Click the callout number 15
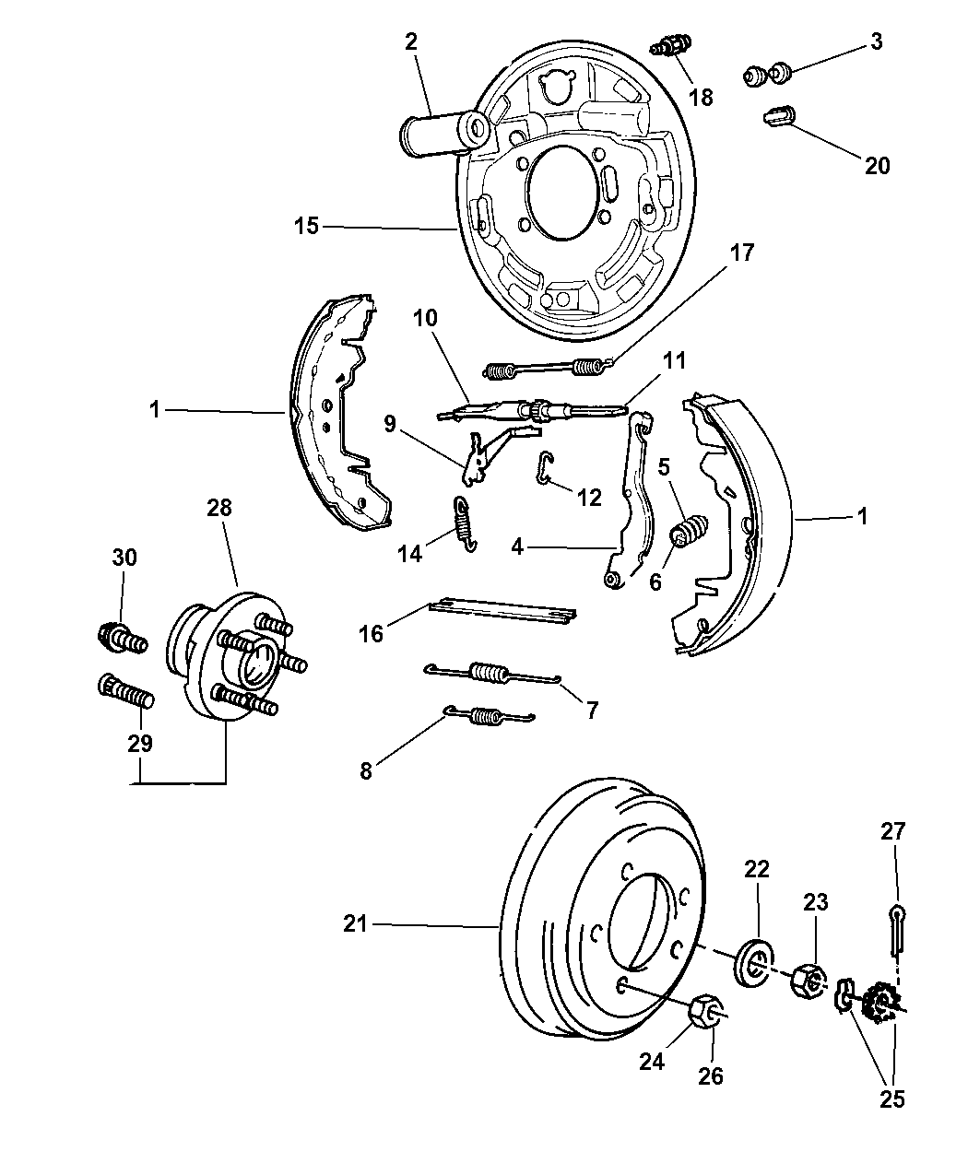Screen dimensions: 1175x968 point(306,226)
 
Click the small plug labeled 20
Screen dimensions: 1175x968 point(780,118)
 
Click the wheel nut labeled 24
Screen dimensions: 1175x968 point(704,1012)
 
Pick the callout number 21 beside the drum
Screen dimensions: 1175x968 point(355,923)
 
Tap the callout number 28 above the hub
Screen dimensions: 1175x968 point(219,508)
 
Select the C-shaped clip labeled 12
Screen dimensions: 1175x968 point(545,469)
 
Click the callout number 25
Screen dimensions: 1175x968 point(893,1099)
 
